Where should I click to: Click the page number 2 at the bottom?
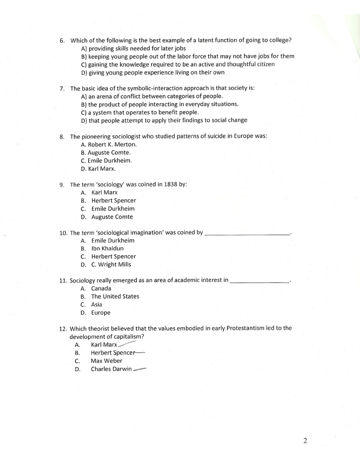tap(305, 442)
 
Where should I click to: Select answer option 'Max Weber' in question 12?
tap(107, 361)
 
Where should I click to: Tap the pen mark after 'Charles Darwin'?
tap(140, 369)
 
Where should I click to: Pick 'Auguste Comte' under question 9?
tap(112, 217)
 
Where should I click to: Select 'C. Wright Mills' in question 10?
tap(111, 265)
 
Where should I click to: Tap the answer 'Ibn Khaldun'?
tap(107, 249)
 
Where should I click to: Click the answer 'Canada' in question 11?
tap(101, 289)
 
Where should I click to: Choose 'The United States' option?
tap(115, 296)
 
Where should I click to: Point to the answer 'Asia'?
tap(96, 305)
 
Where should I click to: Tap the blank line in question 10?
tap(247, 234)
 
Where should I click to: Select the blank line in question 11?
tap(259, 281)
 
